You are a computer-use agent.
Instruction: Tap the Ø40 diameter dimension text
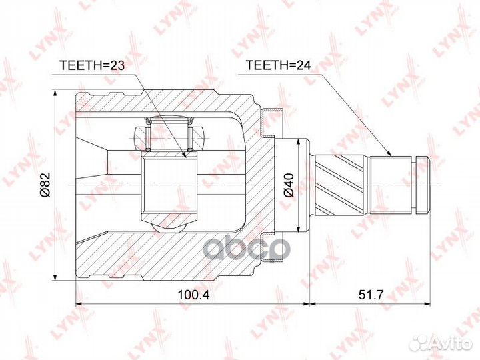click(288, 184)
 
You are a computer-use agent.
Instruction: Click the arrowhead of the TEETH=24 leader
click(391, 155)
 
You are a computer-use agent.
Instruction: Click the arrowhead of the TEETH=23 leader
click(186, 156)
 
